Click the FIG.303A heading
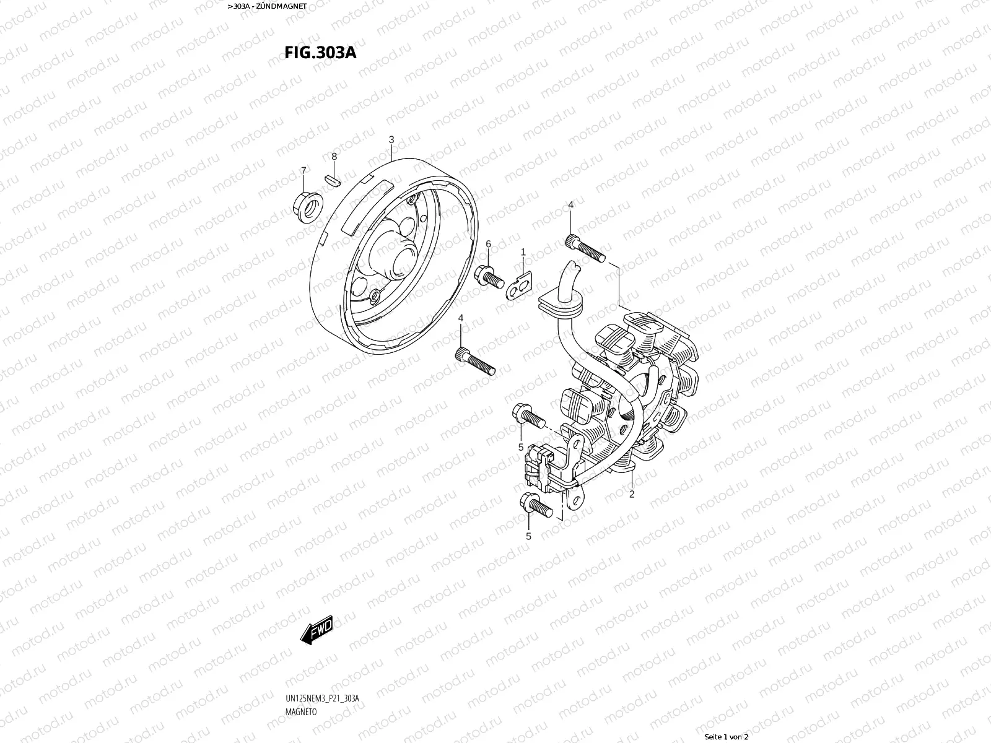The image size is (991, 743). click(320, 52)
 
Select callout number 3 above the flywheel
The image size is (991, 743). click(391, 139)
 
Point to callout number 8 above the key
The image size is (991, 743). click(334, 156)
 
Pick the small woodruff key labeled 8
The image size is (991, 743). click(332, 179)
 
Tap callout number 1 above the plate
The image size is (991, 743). click(523, 252)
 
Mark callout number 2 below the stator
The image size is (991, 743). click(632, 494)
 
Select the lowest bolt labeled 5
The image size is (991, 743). click(536, 505)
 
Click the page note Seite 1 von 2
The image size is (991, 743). click(727, 737)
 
